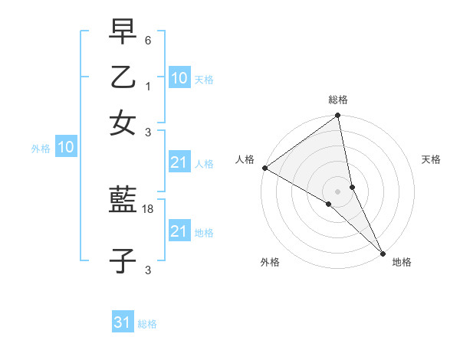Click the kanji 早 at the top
click(x=123, y=33)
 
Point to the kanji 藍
click(x=123, y=201)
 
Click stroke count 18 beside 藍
click(x=148, y=208)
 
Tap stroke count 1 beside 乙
click(x=148, y=86)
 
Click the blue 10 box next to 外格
click(x=66, y=148)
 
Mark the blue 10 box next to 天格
click(x=179, y=78)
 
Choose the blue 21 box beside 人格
click(x=179, y=162)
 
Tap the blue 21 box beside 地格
click(x=179, y=231)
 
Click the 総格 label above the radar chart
click(x=338, y=100)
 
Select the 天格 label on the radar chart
click(x=431, y=159)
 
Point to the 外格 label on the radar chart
click(x=270, y=263)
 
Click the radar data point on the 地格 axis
click(x=382, y=252)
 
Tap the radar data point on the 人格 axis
click(x=264, y=168)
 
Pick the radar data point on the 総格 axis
click(x=338, y=116)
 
